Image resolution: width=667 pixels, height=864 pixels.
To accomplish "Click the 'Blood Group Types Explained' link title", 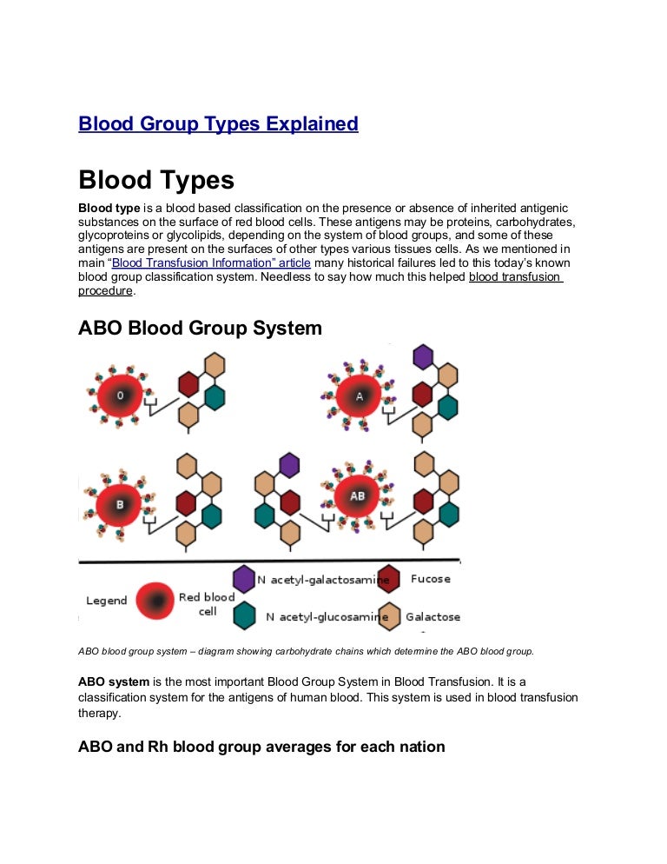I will pos(218,124).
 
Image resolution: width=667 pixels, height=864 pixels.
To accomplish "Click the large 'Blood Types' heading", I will pos(156,180).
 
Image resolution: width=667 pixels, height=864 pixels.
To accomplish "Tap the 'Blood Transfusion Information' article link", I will pos(211,263).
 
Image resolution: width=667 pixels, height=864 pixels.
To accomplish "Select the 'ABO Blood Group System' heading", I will pos(200,329).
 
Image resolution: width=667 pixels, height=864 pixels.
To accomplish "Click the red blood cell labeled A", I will pos(360,395).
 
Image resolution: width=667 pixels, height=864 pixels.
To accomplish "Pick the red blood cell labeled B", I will pos(121,504).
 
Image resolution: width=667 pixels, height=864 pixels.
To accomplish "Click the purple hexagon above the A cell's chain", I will pos(423,356).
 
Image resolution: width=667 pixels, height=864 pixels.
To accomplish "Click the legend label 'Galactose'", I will pos(433,617).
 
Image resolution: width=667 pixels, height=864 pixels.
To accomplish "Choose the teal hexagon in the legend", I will pos(244,616).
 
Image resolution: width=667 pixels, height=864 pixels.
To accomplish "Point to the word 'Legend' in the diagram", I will pos(107,601).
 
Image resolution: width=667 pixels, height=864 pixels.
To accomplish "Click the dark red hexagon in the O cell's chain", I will pos(188,383).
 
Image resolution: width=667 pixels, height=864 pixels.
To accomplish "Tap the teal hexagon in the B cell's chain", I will pos(212,516).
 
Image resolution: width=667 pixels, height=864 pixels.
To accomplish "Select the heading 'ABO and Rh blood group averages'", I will pos(261,746).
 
